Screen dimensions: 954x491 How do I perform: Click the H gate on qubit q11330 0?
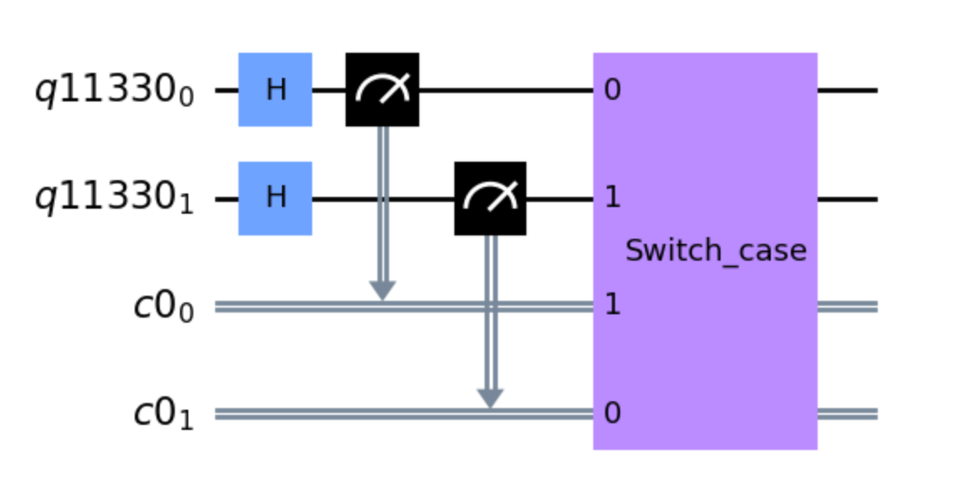pyautogui.click(x=275, y=90)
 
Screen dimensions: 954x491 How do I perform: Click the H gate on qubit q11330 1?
pyautogui.click(x=275, y=198)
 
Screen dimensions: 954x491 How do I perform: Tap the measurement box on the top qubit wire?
pyautogui.click(x=382, y=90)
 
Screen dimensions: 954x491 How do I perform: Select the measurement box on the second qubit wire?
pyautogui.click(x=490, y=198)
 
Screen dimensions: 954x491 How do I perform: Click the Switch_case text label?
pyautogui.click(x=716, y=251)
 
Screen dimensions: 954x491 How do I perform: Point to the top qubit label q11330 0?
pyautogui.click(x=115, y=91)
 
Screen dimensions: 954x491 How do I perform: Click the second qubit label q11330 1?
pyautogui.click(x=115, y=199)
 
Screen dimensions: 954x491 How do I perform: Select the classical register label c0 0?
pyautogui.click(x=164, y=307)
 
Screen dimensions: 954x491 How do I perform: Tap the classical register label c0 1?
pyautogui.click(x=164, y=415)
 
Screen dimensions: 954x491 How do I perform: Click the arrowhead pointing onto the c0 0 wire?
pyautogui.click(x=382, y=291)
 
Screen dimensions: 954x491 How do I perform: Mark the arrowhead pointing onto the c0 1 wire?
pyautogui.click(x=490, y=398)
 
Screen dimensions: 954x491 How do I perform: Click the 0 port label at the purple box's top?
pyautogui.click(x=613, y=90)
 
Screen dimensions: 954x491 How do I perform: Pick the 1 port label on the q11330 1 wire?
pyautogui.click(x=613, y=198)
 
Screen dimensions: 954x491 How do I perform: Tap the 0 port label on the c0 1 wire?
pyautogui.click(x=613, y=414)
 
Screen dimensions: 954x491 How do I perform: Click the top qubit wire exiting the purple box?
pyautogui.click(x=848, y=90)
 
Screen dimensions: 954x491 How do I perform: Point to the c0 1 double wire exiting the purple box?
pyautogui.click(x=848, y=414)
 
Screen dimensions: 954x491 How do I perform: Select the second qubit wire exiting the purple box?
pyautogui.click(x=848, y=199)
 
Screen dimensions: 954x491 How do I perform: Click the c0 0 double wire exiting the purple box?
pyautogui.click(x=848, y=307)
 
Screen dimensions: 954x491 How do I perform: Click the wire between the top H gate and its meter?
pyautogui.click(x=329, y=90)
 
